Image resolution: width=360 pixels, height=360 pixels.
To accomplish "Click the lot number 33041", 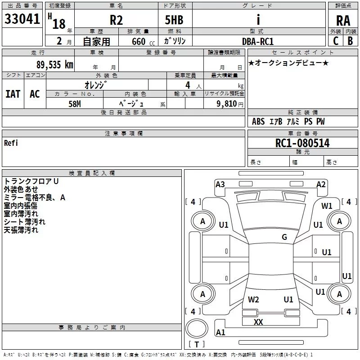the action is tap(22, 19).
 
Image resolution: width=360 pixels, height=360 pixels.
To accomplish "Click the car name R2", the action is tap(116, 20).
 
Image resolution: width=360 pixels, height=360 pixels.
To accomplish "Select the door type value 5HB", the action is tap(174, 20).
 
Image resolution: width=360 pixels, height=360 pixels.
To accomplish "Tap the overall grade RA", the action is tap(343, 21).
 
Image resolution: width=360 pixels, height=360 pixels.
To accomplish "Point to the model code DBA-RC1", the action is tap(258, 41).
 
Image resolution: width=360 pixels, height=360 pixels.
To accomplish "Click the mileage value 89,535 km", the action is tap(55, 65).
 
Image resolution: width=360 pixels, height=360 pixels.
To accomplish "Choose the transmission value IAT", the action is tap(13, 94).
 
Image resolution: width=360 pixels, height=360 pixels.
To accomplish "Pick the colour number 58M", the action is tap(75, 104).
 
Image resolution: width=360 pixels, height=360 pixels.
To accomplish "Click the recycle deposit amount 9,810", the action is tap(227, 104).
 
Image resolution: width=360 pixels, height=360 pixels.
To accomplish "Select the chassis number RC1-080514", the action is tap(302, 143).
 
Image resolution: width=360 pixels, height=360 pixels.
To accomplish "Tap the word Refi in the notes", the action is tap(11, 143).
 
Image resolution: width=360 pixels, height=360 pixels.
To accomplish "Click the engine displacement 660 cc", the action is tap(143, 42).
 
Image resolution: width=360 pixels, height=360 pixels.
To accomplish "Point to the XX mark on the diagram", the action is tap(258, 322).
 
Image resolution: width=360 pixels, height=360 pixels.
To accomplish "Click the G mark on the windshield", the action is tap(284, 237).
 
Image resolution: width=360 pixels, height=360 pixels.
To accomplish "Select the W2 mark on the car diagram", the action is tap(253, 299).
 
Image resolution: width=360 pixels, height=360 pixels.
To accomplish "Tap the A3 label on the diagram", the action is tap(220, 184).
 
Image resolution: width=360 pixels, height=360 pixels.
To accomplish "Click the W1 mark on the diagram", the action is tap(327, 206).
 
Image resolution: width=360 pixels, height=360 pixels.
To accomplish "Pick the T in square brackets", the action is tap(197, 344).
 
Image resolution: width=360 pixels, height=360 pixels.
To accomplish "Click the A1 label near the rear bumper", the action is tap(220, 332).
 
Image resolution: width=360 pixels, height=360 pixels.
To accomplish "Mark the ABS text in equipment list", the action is tap(258, 121).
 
